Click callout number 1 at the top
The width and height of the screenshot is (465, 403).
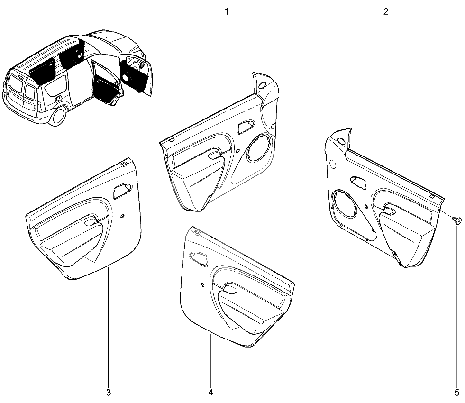[227, 12]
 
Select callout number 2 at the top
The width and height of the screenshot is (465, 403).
[386, 12]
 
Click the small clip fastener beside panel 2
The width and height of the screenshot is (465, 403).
[457, 220]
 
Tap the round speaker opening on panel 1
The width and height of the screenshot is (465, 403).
[259, 147]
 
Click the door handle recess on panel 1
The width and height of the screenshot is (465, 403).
[246, 127]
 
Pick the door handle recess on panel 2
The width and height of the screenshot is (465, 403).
[358, 183]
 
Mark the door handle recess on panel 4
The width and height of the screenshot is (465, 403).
[199, 259]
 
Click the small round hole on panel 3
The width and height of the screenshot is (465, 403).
[122, 216]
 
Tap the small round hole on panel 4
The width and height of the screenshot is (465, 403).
[202, 285]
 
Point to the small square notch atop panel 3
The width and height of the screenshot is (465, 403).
[125, 164]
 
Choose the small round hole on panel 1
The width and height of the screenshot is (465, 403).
[237, 151]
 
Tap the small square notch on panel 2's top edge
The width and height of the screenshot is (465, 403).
[432, 196]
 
